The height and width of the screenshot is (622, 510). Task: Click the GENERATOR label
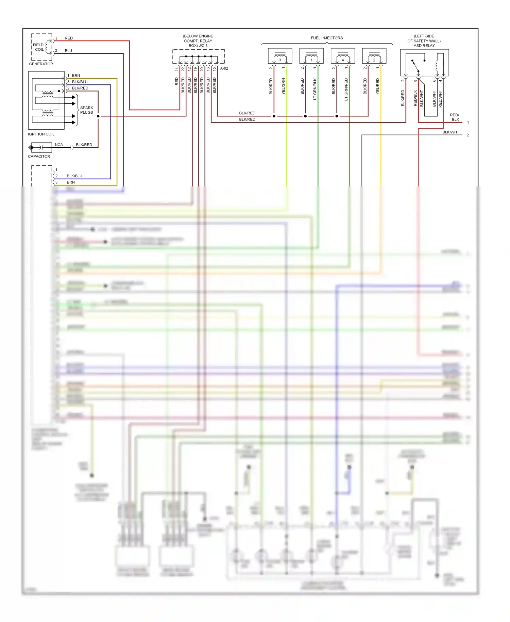[41, 64]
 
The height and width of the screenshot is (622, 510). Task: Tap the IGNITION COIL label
[41, 134]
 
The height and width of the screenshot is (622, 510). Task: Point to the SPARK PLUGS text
[86, 110]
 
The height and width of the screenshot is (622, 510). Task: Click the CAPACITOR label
[39, 157]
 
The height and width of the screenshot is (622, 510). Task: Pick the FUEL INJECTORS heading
[326, 38]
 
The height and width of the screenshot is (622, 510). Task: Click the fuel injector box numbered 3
[280, 56]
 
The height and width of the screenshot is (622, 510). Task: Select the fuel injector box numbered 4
[343, 56]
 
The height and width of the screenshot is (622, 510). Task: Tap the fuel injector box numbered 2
[374, 56]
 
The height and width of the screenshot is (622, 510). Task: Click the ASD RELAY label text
[424, 46]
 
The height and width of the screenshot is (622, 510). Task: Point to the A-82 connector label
[224, 68]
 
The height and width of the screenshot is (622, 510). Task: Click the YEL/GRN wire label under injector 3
[283, 86]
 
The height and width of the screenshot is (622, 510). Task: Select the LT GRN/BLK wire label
[315, 89]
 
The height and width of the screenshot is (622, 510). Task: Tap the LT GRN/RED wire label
[346, 89]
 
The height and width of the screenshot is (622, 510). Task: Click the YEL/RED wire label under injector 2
[377, 86]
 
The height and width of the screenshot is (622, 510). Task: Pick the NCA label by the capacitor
[59, 145]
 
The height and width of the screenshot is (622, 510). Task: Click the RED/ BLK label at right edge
[455, 117]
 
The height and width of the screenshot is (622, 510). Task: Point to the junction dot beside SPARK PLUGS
[98, 116]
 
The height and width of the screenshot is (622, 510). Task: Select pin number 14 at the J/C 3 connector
[176, 69]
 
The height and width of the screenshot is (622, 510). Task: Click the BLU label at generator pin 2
[68, 51]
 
